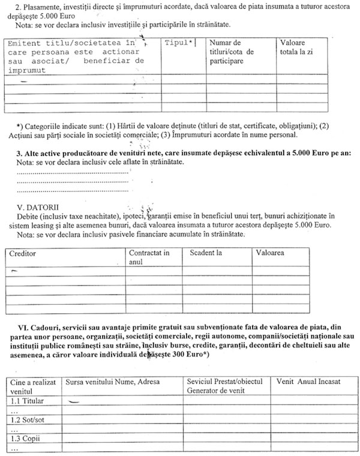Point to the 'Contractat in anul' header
tap(149, 257)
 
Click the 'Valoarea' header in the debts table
tap(269, 253)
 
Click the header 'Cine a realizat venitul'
tap(32, 386)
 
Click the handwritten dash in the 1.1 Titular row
tap(74, 401)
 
